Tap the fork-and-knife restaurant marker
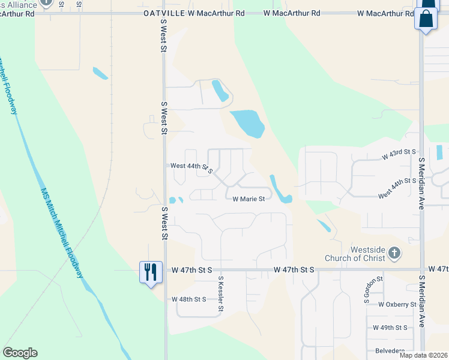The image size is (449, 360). (x=150, y=272)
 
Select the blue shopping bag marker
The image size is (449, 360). (x=426, y=18)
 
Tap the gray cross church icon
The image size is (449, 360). (x=394, y=253)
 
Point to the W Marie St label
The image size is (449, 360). (x=249, y=199)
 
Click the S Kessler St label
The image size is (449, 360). (x=221, y=295)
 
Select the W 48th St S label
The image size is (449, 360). (x=188, y=299)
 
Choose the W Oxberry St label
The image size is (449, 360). (x=397, y=305)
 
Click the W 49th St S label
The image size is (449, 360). (x=390, y=328)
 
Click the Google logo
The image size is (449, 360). (x=20, y=353)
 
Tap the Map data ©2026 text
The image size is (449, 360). (x=423, y=355)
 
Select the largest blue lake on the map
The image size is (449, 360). (x=247, y=124)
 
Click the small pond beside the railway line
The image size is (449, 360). (x=100, y=74)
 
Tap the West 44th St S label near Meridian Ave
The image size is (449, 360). (x=397, y=188)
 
